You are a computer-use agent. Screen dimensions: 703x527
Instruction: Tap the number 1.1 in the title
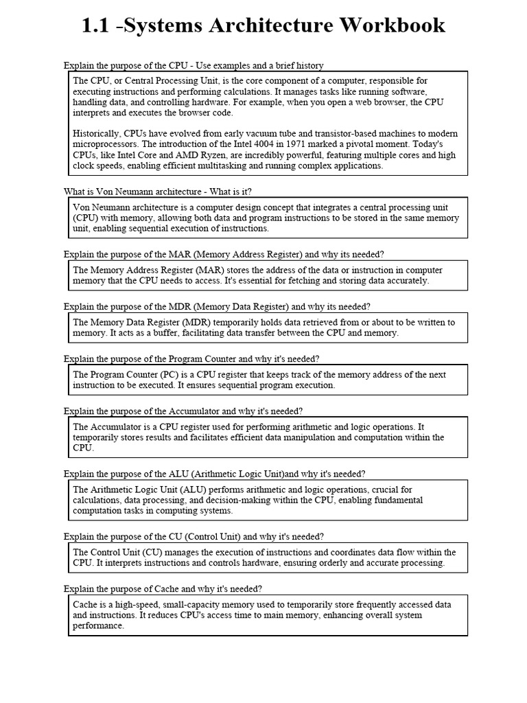point(95,25)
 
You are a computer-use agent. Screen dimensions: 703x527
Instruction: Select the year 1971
point(329,144)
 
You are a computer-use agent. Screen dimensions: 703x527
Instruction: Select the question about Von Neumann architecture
point(162,191)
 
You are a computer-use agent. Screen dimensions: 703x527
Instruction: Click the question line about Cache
point(163,589)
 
